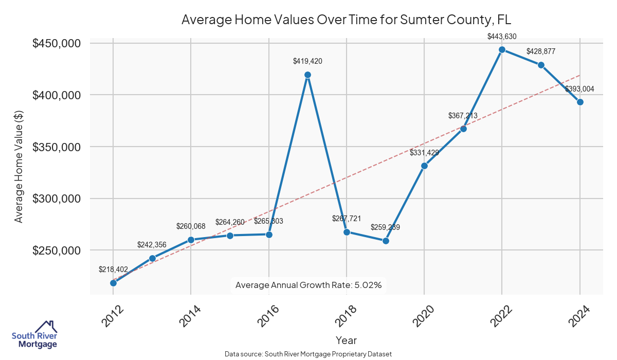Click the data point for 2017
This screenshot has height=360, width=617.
[x=307, y=75]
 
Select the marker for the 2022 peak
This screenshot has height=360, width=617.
[x=502, y=49]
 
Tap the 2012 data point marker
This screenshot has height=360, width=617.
[x=113, y=283]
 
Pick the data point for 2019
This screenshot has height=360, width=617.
[x=386, y=241]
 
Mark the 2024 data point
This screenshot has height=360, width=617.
[x=580, y=102]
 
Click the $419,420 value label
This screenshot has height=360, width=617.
[x=307, y=61]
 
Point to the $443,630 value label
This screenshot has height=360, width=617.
[x=502, y=37]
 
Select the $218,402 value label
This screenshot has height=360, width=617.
[x=113, y=269]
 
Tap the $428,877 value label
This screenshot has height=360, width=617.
[x=541, y=52]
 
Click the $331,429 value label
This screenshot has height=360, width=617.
[x=424, y=153]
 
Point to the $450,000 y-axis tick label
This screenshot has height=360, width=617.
[x=57, y=44]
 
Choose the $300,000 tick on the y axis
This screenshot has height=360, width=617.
[x=57, y=199]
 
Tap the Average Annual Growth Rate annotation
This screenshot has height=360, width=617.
[x=308, y=285]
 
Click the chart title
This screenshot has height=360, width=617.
[x=347, y=20]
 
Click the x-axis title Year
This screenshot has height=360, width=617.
[x=346, y=340]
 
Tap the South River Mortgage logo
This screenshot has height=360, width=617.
[x=34, y=335]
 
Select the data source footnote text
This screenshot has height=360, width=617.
[x=308, y=354]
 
